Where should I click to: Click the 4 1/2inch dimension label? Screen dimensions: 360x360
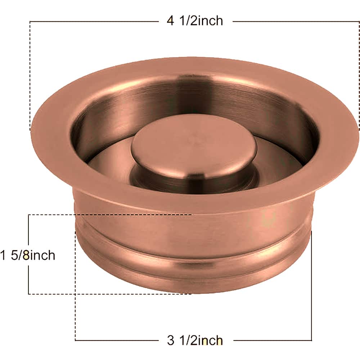pos(195,21)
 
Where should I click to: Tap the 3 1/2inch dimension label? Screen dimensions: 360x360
pos(195,340)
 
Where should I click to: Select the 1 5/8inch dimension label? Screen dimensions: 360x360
pos(28,255)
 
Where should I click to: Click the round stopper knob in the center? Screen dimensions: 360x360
pos(194,147)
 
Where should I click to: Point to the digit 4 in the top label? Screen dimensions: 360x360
pos(170,21)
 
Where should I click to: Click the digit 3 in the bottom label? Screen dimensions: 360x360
pos(171,341)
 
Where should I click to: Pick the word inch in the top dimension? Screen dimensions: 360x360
pos(210,21)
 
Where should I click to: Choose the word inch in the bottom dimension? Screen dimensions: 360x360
pos(210,340)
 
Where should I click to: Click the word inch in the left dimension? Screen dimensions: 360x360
pos(42,255)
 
